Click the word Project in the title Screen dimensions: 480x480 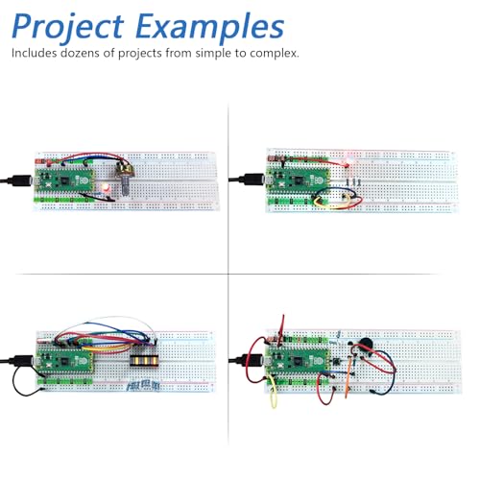(68, 27)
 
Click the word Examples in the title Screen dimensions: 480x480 (210, 27)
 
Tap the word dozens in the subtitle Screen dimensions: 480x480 (80, 53)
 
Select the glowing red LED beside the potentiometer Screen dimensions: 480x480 (106, 188)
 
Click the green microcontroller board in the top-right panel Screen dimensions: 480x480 (299, 181)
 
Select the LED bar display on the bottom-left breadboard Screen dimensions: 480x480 (144, 361)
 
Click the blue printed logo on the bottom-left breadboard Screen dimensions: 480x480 (143, 386)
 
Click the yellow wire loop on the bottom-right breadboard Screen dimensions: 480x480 (273, 392)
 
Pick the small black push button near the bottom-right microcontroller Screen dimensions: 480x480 (336, 362)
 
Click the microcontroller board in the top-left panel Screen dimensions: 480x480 (65, 180)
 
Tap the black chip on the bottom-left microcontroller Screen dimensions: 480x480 (64, 362)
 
